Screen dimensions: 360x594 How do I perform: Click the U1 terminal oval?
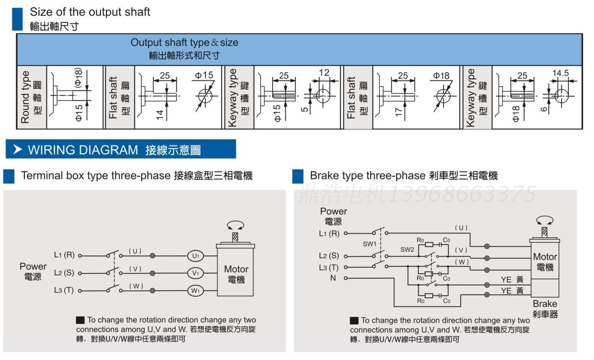click(x=195, y=256)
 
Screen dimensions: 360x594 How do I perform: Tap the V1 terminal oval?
click(x=195, y=273)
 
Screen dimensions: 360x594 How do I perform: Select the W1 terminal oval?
click(x=195, y=291)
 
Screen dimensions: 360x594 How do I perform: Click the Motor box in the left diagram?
click(x=235, y=274)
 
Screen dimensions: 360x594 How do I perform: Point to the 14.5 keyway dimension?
click(x=560, y=73)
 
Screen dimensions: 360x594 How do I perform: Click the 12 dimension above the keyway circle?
click(x=324, y=73)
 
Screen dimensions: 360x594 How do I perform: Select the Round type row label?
click(x=26, y=97)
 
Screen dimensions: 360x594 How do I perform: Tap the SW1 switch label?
click(x=370, y=244)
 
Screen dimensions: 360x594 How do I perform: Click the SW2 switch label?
click(x=407, y=249)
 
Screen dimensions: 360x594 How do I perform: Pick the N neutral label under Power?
click(x=333, y=278)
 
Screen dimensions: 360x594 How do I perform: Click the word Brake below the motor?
click(x=545, y=304)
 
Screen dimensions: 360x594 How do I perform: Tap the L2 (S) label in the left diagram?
click(x=64, y=273)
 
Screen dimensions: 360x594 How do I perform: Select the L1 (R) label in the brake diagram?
click(x=329, y=233)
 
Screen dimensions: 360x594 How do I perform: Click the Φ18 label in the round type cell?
click(x=78, y=77)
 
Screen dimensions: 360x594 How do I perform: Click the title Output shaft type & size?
click(x=184, y=43)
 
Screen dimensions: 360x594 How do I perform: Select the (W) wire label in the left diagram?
click(x=136, y=286)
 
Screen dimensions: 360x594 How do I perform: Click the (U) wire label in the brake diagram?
click(x=461, y=228)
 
